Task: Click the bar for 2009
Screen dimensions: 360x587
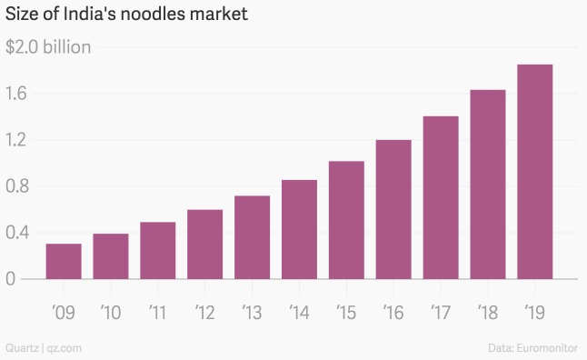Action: pos(64,262)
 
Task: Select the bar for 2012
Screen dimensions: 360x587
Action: pos(204,245)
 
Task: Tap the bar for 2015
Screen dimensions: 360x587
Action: pos(346,220)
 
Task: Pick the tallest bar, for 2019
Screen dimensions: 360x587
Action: pos(534,172)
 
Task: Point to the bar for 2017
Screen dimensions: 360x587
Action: pos(441,197)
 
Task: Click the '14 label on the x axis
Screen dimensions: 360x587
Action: pos(299,314)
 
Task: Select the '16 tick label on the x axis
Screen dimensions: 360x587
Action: pos(393,314)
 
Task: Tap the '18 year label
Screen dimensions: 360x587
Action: pos(487,314)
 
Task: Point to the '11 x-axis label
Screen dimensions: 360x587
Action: pos(157,314)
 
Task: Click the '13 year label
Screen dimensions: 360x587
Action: pos(252,314)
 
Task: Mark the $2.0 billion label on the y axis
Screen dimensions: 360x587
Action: pos(48,47)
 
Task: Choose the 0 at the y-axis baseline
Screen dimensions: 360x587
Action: pos(10,279)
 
